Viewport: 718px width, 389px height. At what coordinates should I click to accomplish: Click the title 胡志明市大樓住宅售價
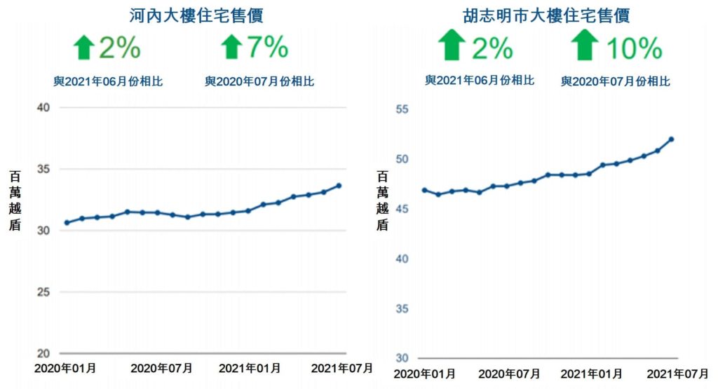tap(546, 15)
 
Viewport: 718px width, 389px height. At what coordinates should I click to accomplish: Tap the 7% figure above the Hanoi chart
tap(267, 47)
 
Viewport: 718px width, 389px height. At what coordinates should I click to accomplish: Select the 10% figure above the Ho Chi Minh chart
tap(634, 48)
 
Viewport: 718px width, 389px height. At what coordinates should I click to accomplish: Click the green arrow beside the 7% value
tap(231, 48)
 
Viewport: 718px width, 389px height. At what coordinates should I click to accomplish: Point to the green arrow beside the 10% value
tap(584, 46)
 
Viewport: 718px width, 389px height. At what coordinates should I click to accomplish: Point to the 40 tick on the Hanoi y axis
tap(43, 107)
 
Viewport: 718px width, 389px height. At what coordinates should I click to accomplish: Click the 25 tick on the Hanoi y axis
tap(43, 292)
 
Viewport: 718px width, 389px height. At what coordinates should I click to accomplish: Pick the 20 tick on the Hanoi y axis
tap(43, 353)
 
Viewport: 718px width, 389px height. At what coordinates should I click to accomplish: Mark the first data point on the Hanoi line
tap(67, 223)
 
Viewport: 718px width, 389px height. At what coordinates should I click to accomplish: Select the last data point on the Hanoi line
tap(339, 186)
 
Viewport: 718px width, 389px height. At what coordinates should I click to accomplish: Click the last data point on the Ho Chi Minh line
tap(671, 139)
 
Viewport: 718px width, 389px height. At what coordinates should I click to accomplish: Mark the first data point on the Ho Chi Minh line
tap(424, 190)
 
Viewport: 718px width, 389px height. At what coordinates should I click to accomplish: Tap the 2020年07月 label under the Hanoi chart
tap(161, 368)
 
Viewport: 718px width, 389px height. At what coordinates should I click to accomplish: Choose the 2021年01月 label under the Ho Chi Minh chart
tap(592, 373)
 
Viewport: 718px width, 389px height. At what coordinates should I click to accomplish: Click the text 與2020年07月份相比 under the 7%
tap(259, 82)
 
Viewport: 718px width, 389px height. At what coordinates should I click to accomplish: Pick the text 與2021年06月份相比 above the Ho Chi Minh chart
tap(480, 81)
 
